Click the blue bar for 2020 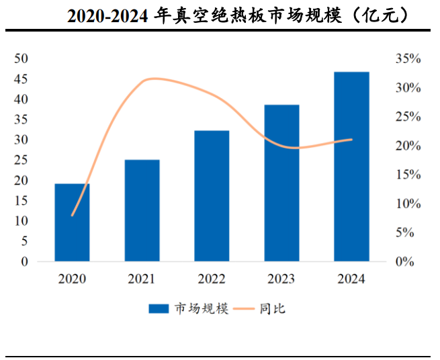click(x=72, y=222)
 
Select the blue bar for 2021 click(x=142, y=210)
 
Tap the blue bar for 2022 click(x=212, y=195)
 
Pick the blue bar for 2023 click(x=281, y=183)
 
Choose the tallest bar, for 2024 click(x=351, y=166)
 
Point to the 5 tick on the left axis click(x=24, y=241)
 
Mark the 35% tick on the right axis click(x=408, y=59)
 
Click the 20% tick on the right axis click(x=408, y=146)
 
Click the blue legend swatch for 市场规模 click(x=159, y=309)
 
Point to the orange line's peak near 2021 click(x=153, y=79)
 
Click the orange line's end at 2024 click(x=351, y=140)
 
